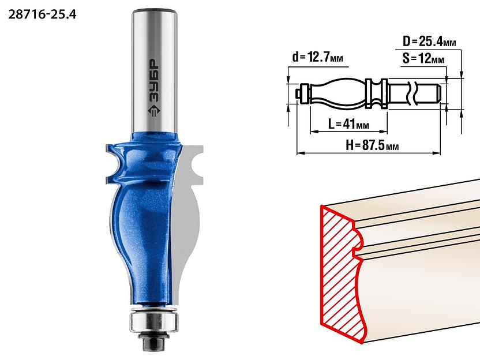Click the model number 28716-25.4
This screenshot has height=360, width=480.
(42, 14)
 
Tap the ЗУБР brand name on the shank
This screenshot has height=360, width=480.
(154, 81)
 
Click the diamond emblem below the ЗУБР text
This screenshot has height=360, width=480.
(154, 111)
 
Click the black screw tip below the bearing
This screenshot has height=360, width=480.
(153, 343)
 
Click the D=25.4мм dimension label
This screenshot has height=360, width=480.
(429, 42)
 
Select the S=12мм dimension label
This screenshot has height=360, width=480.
(423, 58)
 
